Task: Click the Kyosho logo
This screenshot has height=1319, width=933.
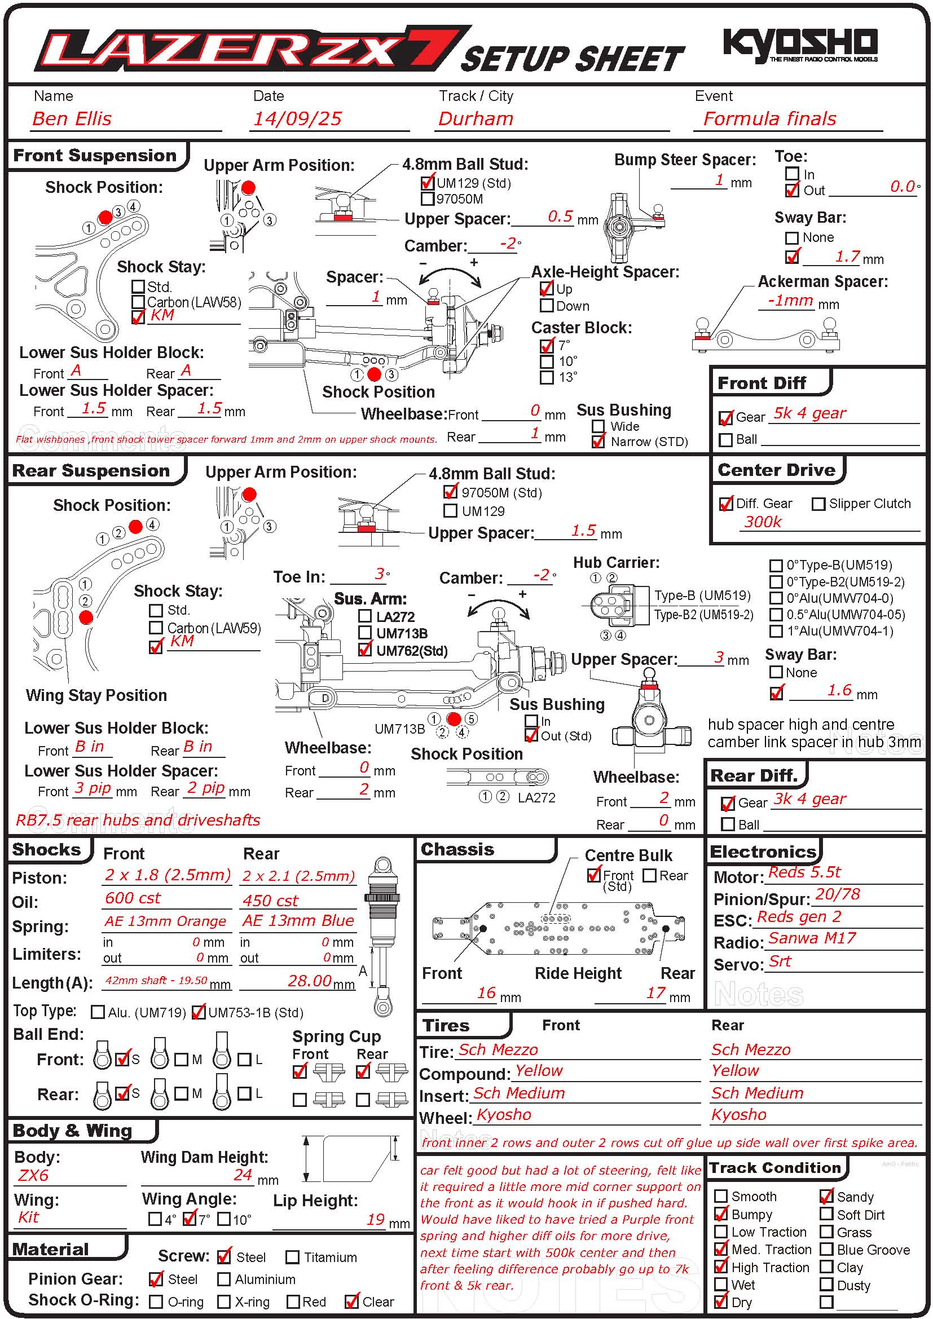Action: [800, 44]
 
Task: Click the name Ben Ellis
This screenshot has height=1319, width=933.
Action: [72, 119]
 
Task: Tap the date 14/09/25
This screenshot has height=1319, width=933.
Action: [298, 119]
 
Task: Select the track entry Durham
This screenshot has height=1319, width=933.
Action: [475, 119]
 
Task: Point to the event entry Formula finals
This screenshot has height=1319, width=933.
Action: [769, 119]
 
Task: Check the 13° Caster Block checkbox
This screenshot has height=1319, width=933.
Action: [547, 377]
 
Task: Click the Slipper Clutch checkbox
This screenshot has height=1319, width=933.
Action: [818, 504]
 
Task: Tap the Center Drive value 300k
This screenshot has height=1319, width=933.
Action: [763, 522]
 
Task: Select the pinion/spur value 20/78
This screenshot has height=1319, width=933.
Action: [838, 894]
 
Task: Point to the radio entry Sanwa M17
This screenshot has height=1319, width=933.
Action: [812, 938]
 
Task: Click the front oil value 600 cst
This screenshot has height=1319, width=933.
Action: [133, 898]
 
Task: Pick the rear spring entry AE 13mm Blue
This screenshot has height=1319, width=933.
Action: [298, 920]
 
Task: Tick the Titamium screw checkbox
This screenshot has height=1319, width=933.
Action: [292, 1257]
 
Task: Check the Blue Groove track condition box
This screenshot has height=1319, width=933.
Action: [827, 1250]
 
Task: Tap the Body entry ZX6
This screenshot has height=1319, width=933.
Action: [33, 1175]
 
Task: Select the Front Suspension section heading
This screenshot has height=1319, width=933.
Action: [95, 156]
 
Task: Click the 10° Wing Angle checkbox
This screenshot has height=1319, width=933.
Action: [224, 1219]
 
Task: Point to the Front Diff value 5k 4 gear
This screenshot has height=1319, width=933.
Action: [809, 413]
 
